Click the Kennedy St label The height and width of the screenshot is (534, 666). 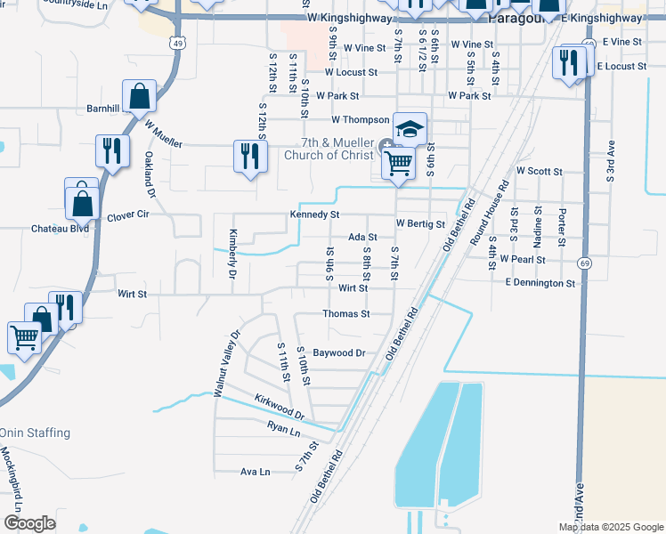click(314, 214)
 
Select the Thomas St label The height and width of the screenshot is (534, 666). click(345, 314)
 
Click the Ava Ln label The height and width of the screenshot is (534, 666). click(256, 472)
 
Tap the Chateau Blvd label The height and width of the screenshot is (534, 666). click(61, 229)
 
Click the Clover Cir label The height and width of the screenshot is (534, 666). click(128, 216)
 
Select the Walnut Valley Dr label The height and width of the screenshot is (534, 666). click(227, 363)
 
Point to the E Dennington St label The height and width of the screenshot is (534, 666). click(540, 283)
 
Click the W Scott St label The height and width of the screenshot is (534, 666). click(540, 171)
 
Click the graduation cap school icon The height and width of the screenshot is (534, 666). click(410, 129)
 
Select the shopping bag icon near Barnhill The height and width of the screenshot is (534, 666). click(140, 96)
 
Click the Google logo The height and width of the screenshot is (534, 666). click(28, 523)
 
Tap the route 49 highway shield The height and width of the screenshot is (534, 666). click(178, 43)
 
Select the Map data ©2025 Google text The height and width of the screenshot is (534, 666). click(612, 527)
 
